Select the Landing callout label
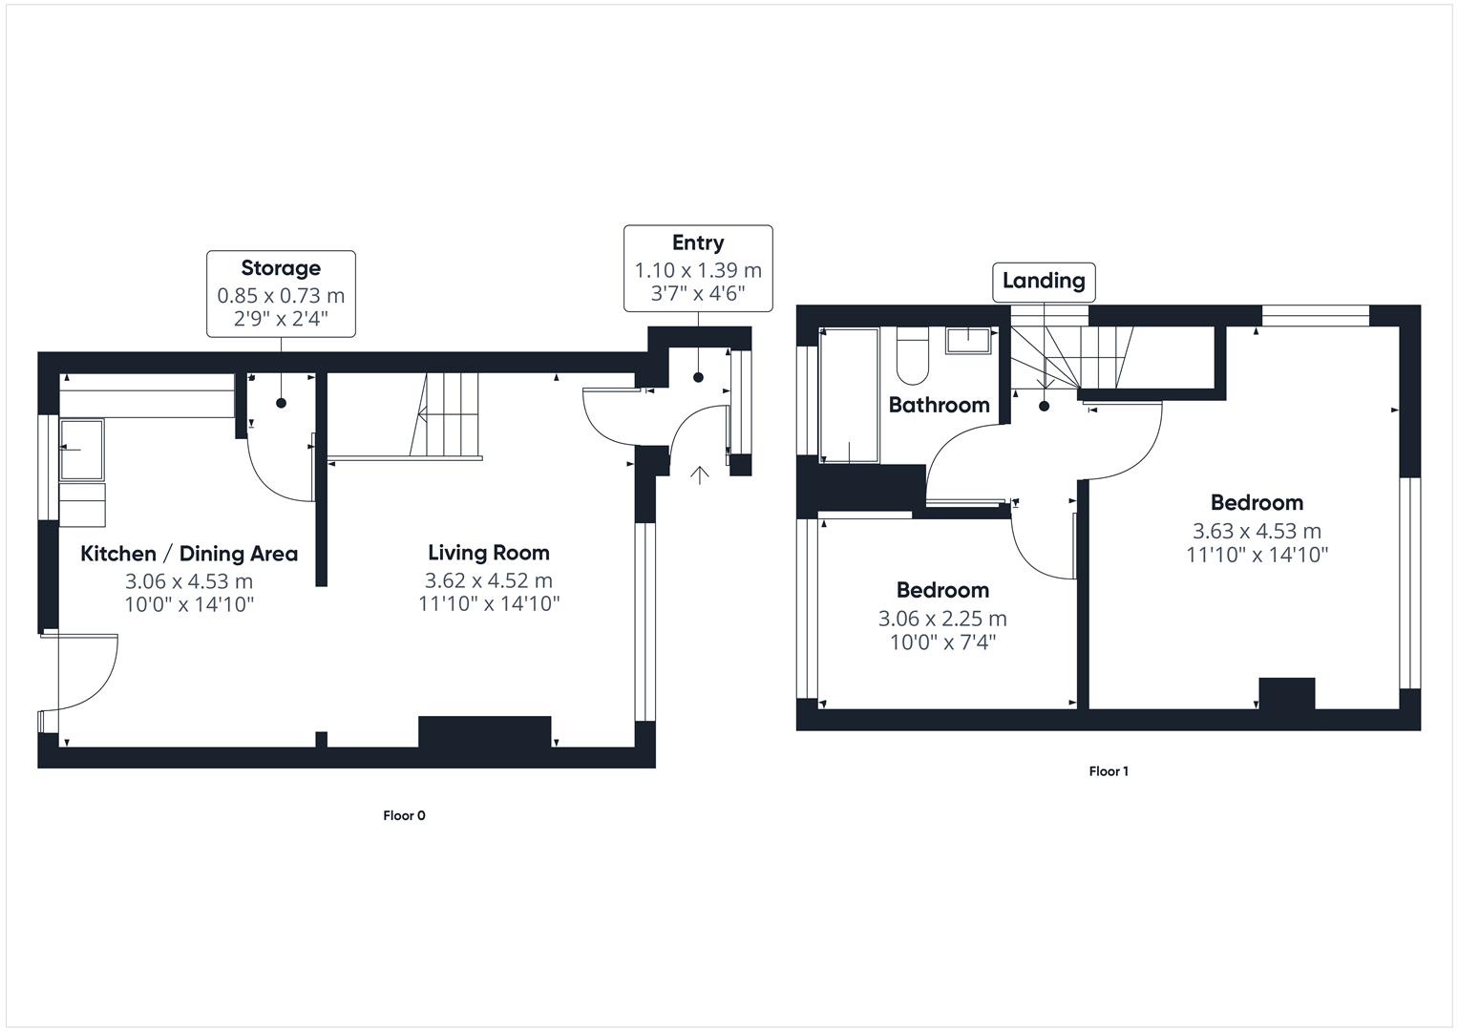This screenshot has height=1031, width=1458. point(1044,281)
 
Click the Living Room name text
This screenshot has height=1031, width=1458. point(488,553)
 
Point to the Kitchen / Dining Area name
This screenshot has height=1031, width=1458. point(189,554)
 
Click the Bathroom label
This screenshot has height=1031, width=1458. point(939,405)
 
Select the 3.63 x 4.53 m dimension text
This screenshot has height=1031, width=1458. point(1257,532)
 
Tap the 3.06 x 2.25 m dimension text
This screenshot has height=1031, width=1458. point(942,619)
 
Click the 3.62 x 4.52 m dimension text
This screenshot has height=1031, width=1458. point(488,580)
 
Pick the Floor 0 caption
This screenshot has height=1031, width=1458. point(404,815)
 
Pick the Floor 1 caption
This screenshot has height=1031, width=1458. point(1109,771)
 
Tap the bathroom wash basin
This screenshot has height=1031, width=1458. point(969,340)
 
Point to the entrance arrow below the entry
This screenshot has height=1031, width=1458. point(700,474)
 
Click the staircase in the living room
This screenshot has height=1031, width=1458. point(447,415)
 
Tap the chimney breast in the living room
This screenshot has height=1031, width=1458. point(484,731)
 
